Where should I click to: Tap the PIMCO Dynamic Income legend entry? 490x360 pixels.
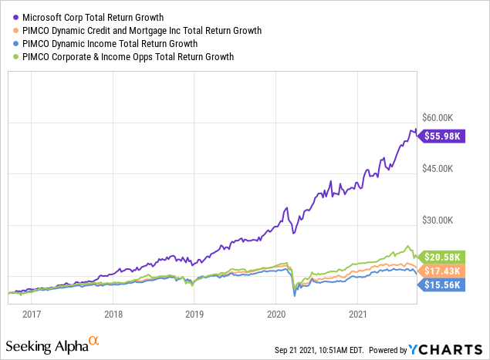pos(109,44)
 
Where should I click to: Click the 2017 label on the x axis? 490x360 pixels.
pos(32,314)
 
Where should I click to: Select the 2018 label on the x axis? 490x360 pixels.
pos(113,314)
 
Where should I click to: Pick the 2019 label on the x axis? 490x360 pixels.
pos(194,314)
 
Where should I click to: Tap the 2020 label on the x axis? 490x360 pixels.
pos(275,314)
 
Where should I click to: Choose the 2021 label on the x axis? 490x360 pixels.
pos(357,314)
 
